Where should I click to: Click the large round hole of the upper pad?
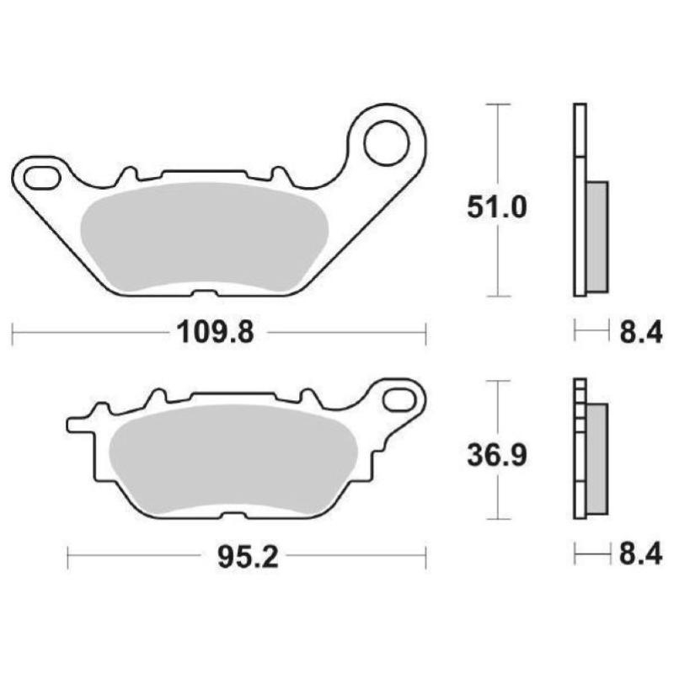point(385,140)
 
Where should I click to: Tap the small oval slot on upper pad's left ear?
point(40,178)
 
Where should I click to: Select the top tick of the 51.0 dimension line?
point(499,104)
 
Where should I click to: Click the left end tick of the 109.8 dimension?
point(13,333)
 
